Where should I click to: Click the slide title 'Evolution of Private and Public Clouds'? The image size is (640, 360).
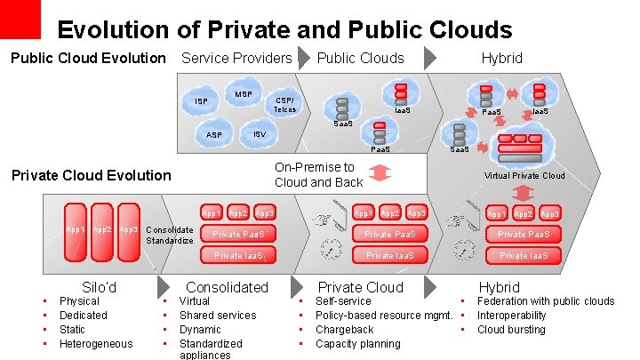tap(284, 29)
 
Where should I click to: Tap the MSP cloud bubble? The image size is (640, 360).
tap(243, 94)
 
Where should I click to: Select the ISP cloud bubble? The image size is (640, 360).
tap(203, 102)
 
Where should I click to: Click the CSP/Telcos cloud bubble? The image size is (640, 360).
tap(284, 104)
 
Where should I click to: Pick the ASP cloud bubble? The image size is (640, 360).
tap(214, 135)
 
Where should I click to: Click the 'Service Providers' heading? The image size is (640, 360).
tap(236, 59)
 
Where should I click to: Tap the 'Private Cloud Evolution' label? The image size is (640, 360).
tap(90, 175)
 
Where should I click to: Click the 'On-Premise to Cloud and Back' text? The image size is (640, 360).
tap(318, 174)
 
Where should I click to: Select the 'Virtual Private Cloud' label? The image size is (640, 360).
tap(524, 176)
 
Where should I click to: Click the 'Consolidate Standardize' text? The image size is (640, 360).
tap(169, 235)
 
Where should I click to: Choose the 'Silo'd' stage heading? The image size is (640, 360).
tap(99, 287)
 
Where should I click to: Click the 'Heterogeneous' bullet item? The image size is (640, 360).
tap(95, 344)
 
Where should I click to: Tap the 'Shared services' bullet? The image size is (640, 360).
tap(217, 316)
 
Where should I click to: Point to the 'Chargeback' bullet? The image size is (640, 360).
tap(344, 330)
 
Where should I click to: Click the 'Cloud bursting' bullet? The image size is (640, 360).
tap(511, 330)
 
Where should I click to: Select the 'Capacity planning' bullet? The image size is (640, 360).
tap(357, 344)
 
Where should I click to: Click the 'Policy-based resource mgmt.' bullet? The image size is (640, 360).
tap(384, 316)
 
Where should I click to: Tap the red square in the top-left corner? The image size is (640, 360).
tap(20, 19)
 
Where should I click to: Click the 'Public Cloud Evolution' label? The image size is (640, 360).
tap(88, 59)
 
